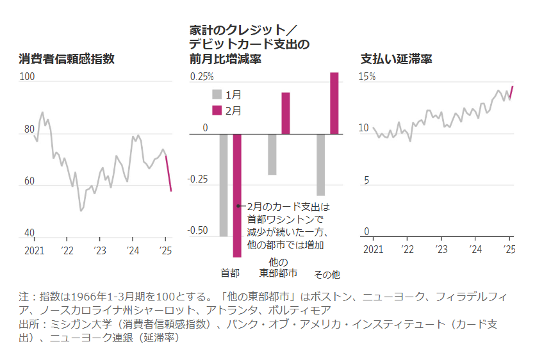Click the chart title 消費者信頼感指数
tap(67, 60)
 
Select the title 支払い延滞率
tap(396, 60)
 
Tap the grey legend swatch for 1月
tap(217, 94)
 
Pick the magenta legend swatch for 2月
tap(217, 110)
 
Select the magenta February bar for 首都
tap(237, 192)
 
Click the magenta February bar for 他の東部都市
tap(286, 113)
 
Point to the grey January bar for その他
tap(320, 165)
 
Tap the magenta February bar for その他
tap(334, 103)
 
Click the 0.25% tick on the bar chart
tap(201, 77)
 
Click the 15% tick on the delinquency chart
tap(367, 77)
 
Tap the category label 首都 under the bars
tap(229, 274)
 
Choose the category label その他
tap(327, 274)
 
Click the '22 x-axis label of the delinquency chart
tap(407, 249)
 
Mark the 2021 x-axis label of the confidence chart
tap(34, 250)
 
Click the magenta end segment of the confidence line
tap(169, 174)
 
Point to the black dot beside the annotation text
tap(238, 206)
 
